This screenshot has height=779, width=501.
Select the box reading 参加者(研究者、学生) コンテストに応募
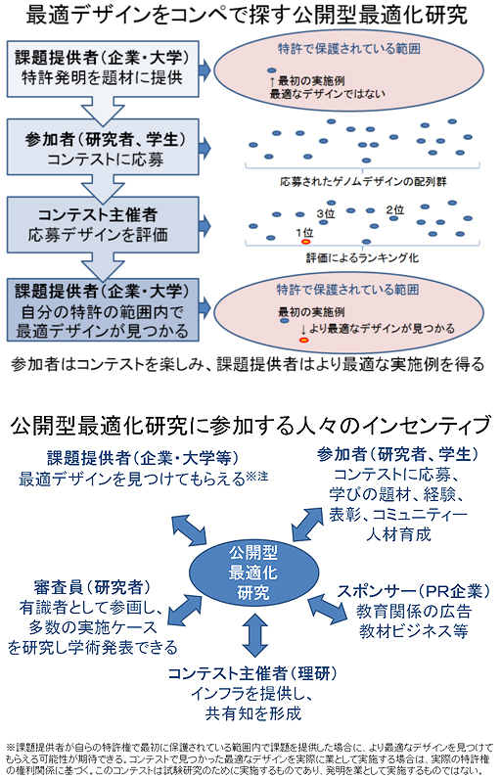(x=102, y=146)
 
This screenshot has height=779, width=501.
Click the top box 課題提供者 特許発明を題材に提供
(x=102, y=68)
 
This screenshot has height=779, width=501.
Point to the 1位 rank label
(x=303, y=231)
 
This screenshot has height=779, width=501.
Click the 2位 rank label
(x=395, y=209)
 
